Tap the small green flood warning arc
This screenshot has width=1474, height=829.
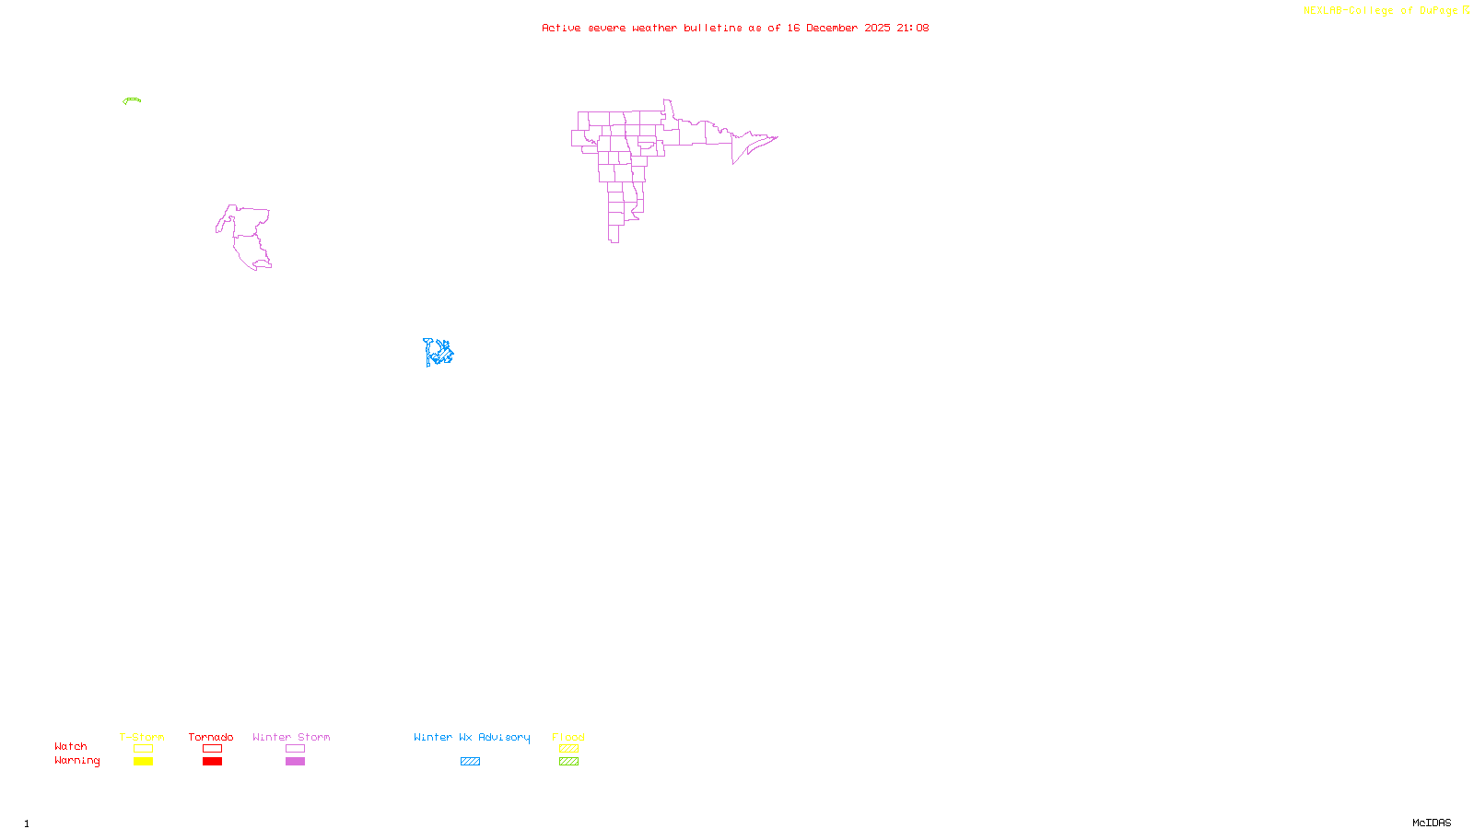click(x=133, y=99)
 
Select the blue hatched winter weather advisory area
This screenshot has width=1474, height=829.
click(x=439, y=352)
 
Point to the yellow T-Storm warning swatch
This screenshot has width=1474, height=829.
click(x=143, y=762)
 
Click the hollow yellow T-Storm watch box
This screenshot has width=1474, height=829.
click(x=143, y=749)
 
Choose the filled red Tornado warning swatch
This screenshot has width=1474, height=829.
click(x=212, y=762)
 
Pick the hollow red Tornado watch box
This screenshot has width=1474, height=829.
click(x=212, y=749)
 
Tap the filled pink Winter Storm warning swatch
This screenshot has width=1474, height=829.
click(x=295, y=762)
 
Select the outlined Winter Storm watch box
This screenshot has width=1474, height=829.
click(x=295, y=749)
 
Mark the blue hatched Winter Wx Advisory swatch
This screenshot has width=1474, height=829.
click(x=470, y=762)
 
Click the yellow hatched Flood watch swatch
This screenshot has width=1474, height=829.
click(x=568, y=749)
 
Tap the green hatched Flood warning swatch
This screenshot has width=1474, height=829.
click(x=568, y=762)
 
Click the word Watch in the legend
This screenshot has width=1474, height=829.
click(x=71, y=746)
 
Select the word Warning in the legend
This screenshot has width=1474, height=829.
click(x=76, y=761)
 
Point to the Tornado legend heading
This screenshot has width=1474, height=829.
click(x=211, y=737)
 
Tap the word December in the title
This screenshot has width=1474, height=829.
click(x=832, y=28)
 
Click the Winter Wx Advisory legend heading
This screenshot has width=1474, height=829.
click(x=472, y=737)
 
